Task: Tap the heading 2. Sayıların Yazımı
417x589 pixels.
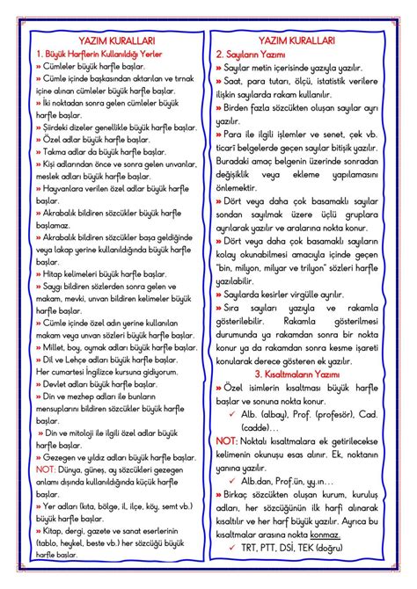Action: tap(256, 54)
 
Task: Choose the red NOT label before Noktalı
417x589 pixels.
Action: tap(226, 439)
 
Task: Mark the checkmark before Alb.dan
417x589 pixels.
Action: tap(231, 481)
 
